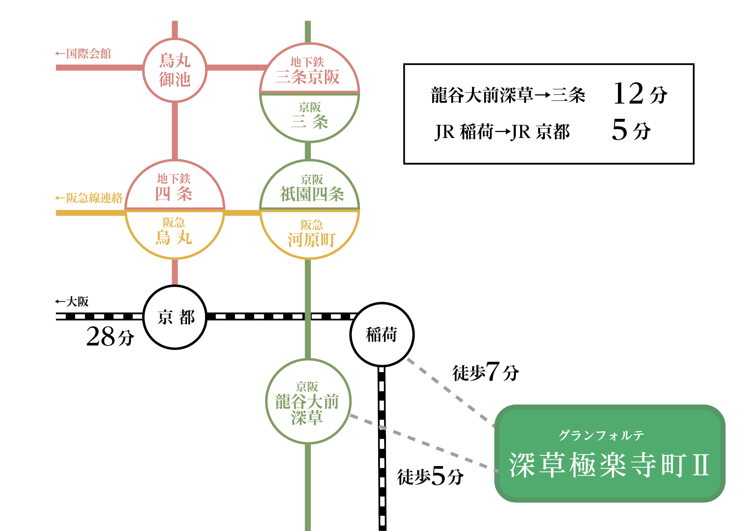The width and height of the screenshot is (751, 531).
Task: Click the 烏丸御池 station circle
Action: click(x=175, y=70)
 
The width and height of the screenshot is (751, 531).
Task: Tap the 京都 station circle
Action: click(x=175, y=317)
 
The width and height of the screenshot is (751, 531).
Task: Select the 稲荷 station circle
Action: click(x=382, y=334)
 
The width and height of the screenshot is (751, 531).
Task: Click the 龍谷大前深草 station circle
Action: click(x=308, y=401)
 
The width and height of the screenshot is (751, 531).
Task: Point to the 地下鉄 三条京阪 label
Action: click(x=308, y=71)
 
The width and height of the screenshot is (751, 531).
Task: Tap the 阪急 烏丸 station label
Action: click(x=174, y=232)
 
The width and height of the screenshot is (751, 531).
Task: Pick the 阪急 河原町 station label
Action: click(x=311, y=234)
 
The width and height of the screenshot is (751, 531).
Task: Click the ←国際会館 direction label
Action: click(x=83, y=54)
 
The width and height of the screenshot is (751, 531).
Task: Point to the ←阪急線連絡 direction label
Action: click(x=89, y=198)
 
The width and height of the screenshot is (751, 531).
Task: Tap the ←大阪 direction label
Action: click(x=72, y=302)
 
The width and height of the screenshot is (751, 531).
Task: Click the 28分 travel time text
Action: click(x=110, y=336)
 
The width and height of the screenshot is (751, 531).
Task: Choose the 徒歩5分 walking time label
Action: click(x=430, y=476)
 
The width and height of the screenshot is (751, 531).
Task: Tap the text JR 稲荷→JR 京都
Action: click(x=502, y=132)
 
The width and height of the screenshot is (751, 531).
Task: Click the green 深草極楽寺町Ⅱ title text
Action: click(x=609, y=465)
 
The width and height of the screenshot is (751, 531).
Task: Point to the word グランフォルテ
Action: click(x=601, y=435)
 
